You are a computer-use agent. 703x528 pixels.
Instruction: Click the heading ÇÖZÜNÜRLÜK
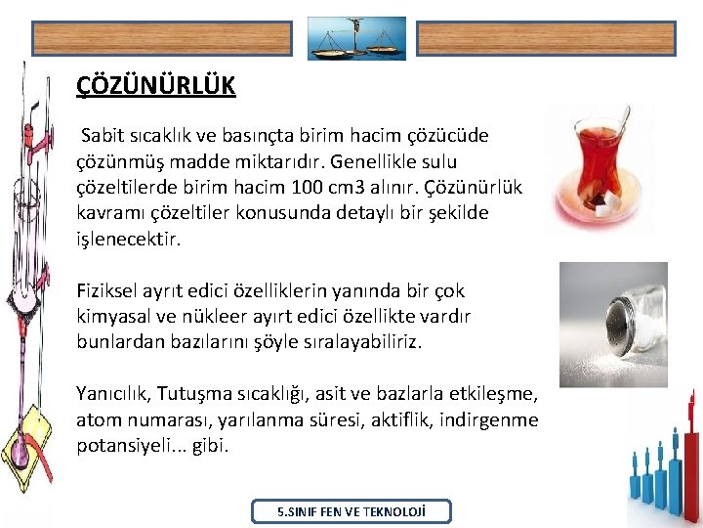coord(156,86)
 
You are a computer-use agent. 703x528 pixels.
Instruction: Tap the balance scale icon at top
coord(356,38)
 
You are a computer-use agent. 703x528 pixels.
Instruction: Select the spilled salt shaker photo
coord(612,324)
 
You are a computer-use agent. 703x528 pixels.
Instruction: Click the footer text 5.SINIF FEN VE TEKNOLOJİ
coord(351,511)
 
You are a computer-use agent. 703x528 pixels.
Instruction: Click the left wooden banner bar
coord(161,38)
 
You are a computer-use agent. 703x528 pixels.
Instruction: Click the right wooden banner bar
coord(546,38)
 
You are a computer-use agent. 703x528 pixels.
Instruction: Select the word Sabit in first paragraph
coord(103,135)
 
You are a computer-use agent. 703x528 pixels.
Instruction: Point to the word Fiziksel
coord(108,291)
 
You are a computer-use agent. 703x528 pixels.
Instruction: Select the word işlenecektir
coord(129,238)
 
